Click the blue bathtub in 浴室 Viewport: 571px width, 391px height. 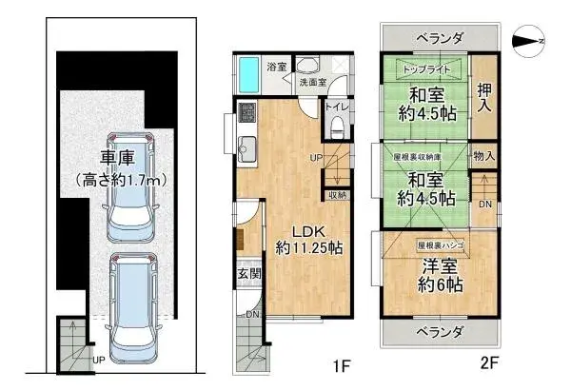point(249,71)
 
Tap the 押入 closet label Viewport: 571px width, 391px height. point(483,98)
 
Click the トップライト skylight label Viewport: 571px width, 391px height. point(425,70)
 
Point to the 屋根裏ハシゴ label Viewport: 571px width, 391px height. point(440,244)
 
